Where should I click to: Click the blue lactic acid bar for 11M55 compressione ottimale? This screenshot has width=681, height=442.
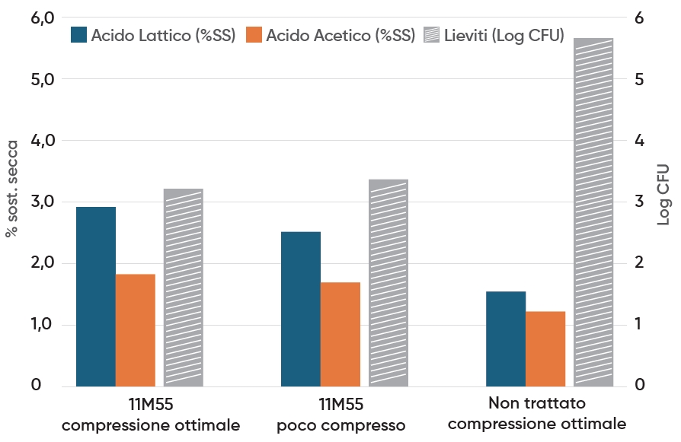pyautogui.click(x=96, y=297)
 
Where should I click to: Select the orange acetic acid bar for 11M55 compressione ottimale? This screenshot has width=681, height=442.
pyautogui.click(x=136, y=330)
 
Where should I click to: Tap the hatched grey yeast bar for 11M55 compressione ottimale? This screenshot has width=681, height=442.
pyautogui.click(x=184, y=288)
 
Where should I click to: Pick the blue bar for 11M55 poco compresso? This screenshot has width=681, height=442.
pyautogui.click(x=301, y=309)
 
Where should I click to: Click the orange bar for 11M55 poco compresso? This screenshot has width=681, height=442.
pyautogui.click(x=340, y=335)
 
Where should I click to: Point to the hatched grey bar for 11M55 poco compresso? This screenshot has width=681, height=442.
pyautogui.click(x=388, y=283)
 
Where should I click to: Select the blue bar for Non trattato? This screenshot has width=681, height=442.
pyautogui.click(x=506, y=339)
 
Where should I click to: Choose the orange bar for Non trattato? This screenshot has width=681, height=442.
pyautogui.click(x=545, y=349)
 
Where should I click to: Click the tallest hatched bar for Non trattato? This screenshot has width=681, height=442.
pyautogui.click(x=593, y=212)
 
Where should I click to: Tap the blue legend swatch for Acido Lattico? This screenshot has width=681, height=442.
pyautogui.click(x=79, y=35)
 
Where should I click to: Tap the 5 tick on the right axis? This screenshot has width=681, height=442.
pyautogui.click(x=639, y=79)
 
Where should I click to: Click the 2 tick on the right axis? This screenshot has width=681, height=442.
pyautogui.click(x=639, y=263)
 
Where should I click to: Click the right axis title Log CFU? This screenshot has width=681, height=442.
pyautogui.click(x=663, y=194)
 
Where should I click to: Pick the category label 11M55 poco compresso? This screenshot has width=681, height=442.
pyautogui.click(x=341, y=413)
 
